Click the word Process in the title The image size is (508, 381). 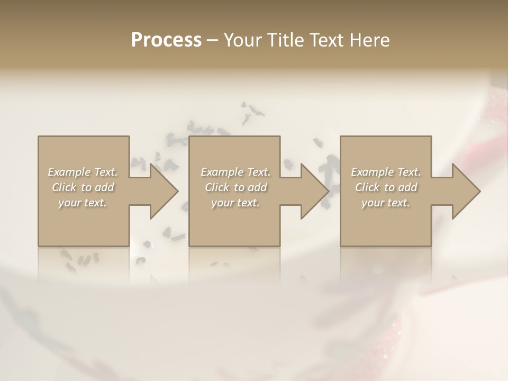tap(166, 40)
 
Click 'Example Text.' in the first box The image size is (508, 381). tap(83, 172)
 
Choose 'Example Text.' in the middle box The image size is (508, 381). tap(235, 172)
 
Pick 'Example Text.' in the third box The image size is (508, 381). tap(386, 172)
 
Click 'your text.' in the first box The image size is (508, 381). tap(83, 203)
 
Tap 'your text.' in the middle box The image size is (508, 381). tap(235, 203)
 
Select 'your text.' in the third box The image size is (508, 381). tap(385, 203)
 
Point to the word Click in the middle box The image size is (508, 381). tap(216, 187)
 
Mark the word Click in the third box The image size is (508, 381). tap(367, 187)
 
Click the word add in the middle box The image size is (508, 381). tap(257, 187)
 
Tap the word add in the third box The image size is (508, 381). tap(407, 187)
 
